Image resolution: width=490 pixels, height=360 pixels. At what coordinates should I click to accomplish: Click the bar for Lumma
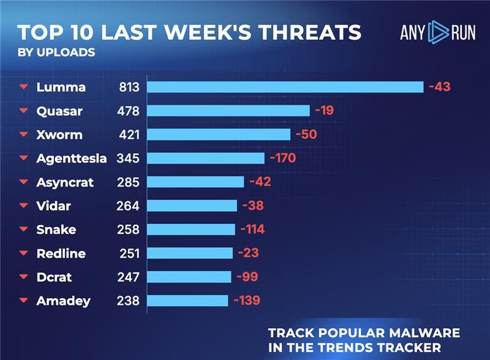(285, 87)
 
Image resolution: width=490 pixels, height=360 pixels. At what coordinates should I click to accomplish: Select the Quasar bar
(228, 111)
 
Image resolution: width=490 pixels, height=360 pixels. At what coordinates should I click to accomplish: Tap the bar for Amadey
(187, 301)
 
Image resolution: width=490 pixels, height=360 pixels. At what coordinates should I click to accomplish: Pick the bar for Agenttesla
(206, 159)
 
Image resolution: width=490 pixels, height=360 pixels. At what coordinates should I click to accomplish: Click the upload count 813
(129, 87)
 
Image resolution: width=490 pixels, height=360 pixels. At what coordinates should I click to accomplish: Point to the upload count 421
(129, 135)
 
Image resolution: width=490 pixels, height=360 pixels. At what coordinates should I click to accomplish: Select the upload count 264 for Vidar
(128, 206)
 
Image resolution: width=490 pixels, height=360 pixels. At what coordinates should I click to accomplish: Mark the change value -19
(324, 111)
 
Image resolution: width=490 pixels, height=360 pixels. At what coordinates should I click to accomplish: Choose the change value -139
(247, 301)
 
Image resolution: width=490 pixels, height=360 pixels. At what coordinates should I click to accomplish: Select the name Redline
(61, 253)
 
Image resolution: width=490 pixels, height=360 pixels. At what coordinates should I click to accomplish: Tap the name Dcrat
(54, 277)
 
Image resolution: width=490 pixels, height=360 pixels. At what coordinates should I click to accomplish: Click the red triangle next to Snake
(24, 230)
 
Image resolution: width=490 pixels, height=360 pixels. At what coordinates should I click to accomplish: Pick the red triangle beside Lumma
(24, 87)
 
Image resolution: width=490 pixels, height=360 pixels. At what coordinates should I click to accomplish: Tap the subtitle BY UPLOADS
(56, 52)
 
